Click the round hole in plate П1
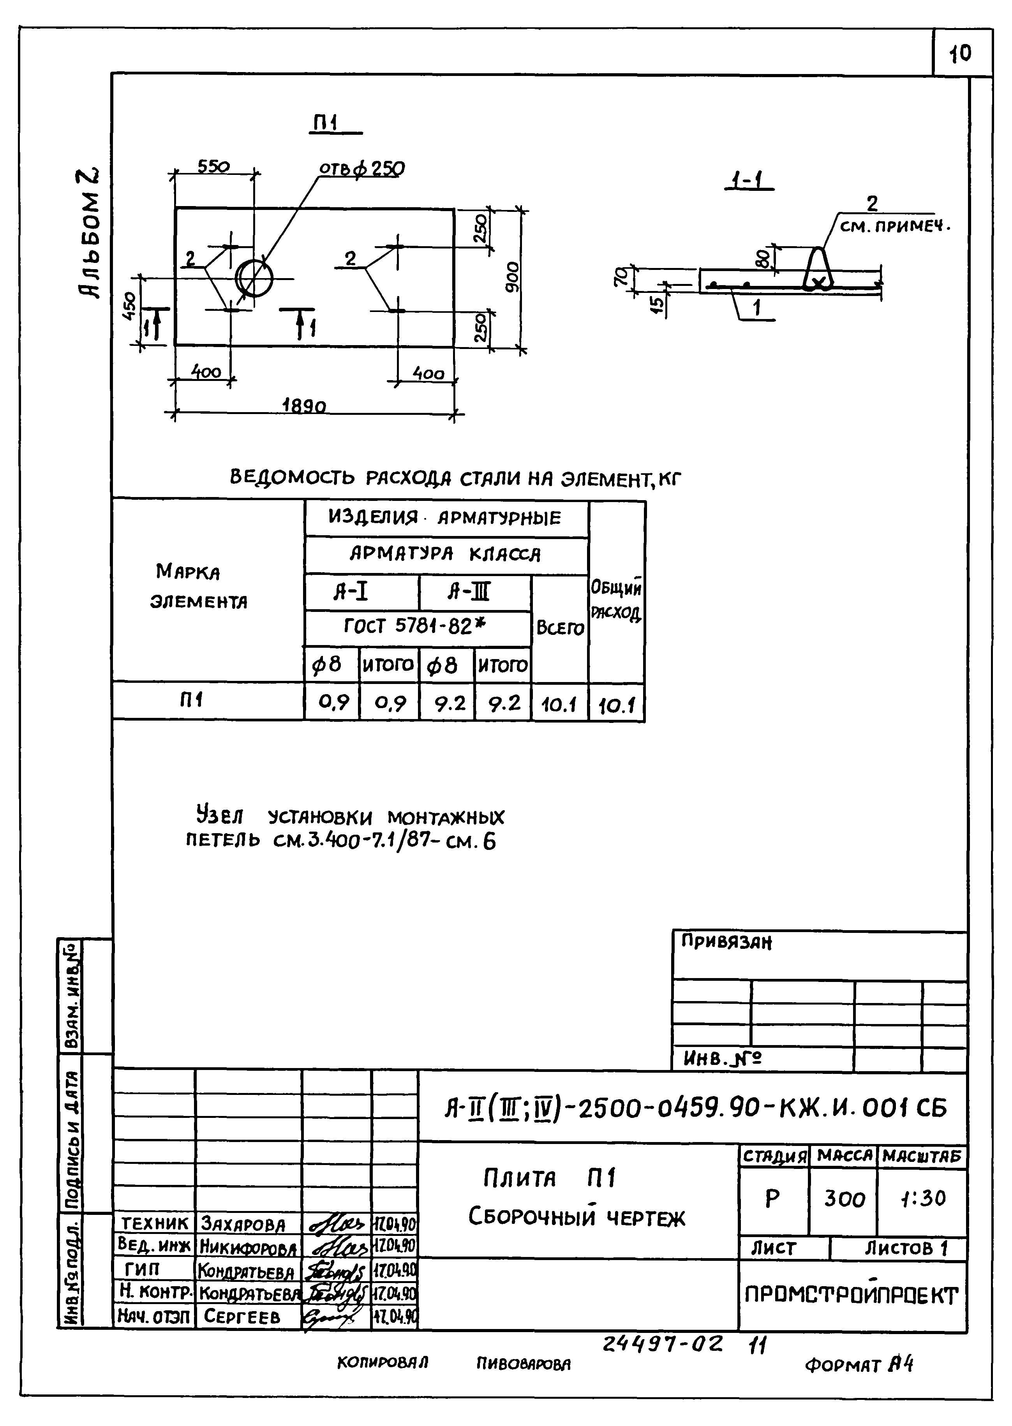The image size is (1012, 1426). coord(254,278)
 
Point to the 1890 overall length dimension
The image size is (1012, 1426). coord(304,406)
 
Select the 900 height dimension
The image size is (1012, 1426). coord(512,278)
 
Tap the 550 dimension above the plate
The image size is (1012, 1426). coord(214,167)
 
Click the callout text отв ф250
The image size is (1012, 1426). coord(361,169)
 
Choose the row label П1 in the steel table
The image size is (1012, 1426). coord(192,700)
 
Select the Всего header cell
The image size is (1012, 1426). coord(560,628)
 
